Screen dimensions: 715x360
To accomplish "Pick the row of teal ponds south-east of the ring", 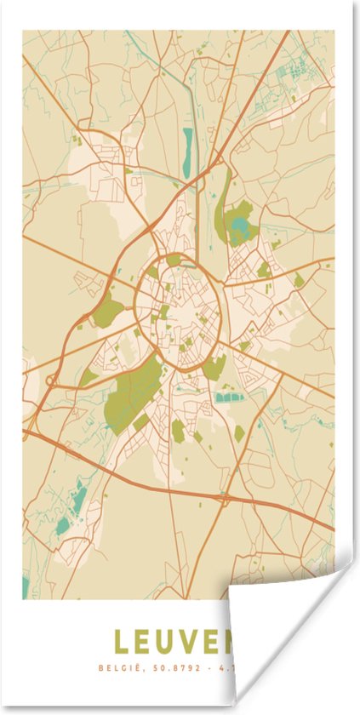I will tap(230, 397).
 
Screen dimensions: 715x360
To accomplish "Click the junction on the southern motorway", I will tap(223, 494).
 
